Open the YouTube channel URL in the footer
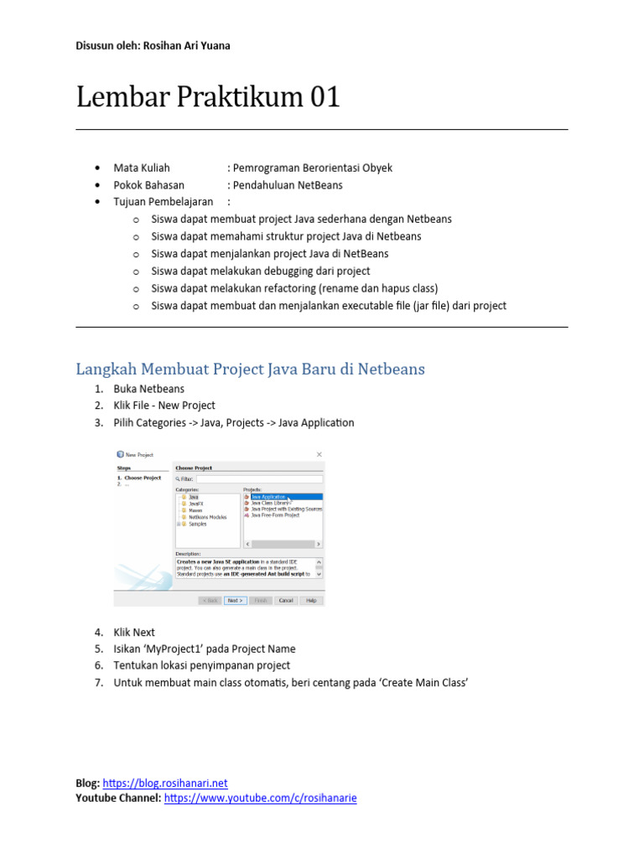tap(261, 799)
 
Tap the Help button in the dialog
tap(310, 600)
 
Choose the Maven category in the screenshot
tap(195, 509)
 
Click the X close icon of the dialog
tap(319, 454)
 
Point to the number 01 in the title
tap(325, 97)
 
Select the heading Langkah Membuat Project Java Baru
tap(250, 369)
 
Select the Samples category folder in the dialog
tap(197, 524)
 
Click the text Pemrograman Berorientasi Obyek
tap(313, 168)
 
